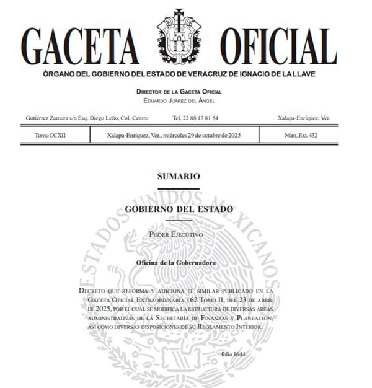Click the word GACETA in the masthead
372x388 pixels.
[80, 46]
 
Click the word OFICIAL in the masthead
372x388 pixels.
[278, 46]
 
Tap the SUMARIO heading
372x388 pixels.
[179, 177]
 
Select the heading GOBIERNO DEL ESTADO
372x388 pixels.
[179, 209]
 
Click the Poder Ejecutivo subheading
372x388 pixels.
[179, 234]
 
